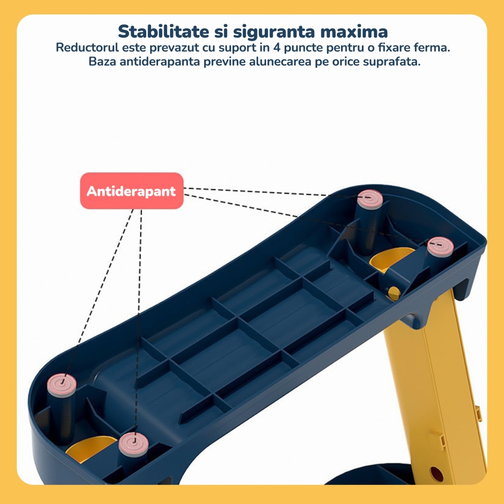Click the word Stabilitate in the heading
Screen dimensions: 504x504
point(163,32)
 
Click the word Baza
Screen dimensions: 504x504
point(102,62)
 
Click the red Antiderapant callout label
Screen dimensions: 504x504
point(132,191)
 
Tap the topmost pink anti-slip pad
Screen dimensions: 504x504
point(370,199)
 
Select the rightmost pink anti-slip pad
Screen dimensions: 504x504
point(441,246)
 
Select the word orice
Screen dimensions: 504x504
point(344,62)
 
